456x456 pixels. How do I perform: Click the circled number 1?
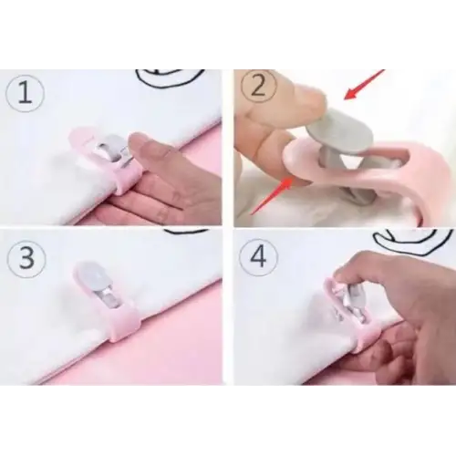[x=25, y=92]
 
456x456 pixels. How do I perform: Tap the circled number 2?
[x=259, y=86]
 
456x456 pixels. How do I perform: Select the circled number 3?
[x=26, y=258]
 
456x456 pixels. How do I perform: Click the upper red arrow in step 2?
[x=364, y=84]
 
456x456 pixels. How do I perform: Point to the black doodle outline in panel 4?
[x=413, y=244]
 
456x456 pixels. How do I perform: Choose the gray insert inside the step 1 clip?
[x=109, y=148]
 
